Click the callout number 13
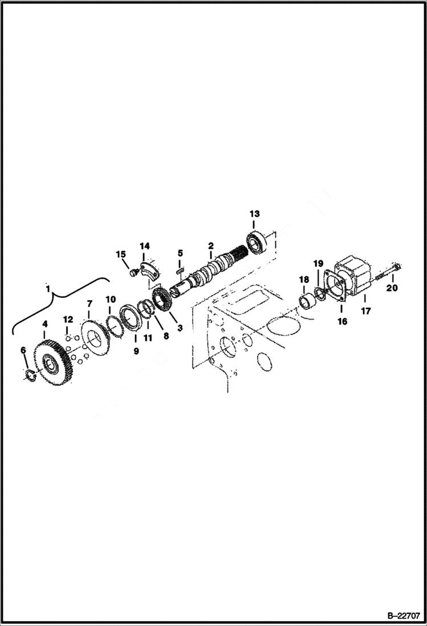pos(254,213)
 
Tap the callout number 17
pos(365,312)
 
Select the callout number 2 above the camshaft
pos(210,245)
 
